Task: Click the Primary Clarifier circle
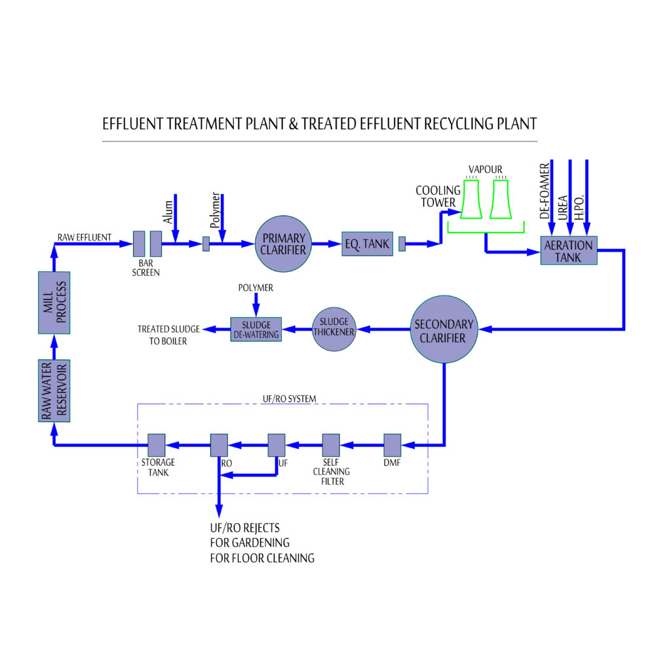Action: click(x=283, y=244)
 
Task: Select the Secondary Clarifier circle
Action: click(x=444, y=330)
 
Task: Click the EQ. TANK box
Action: click(x=367, y=244)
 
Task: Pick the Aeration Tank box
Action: click(x=569, y=251)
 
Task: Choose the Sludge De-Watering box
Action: click(x=256, y=330)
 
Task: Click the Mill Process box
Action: click(x=53, y=301)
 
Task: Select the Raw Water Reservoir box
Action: click(x=53, y=390)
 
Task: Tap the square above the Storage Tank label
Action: click(x=156, y=445)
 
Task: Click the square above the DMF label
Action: click(x=392, y=445)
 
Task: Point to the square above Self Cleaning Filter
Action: click(x=331, y=445)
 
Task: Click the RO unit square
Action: click(x=218, y=445)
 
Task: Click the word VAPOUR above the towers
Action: click(x=486, y=169)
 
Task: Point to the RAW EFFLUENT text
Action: click(x=84, y=237)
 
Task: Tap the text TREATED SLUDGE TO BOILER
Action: click(x=162, y=335)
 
